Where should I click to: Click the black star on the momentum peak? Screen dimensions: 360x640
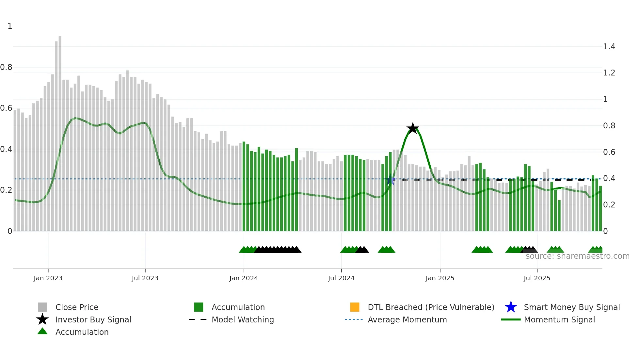(x=413, y=128)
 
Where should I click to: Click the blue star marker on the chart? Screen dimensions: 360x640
(x=391, y=180)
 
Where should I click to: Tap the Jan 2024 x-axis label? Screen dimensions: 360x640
(x=244, y=278)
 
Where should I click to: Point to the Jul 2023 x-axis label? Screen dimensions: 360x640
(x=145, y=278)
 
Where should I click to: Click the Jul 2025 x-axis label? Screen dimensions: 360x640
(x=537, y=278)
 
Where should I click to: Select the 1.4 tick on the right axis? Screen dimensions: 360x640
(x=609, y=47)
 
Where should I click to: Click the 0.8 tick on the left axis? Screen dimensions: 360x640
(x=6, y=67)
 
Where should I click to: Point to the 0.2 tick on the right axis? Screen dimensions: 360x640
(x=609, y=205)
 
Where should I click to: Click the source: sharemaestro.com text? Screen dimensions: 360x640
(x=577, y=256)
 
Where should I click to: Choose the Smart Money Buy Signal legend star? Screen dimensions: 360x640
(x=511, y=307)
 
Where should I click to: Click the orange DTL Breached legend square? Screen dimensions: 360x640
(x=355, y=307)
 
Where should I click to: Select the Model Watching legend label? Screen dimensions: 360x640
(x=243, y=319)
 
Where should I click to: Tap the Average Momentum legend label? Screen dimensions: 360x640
(x=407, y=319)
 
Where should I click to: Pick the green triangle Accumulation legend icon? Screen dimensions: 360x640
(x=42, y=332)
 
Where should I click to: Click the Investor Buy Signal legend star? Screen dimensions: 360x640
(x=42, y=319)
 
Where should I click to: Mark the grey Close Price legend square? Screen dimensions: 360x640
(x=42, y=307)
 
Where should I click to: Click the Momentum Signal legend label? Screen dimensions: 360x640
(x=559, y=319)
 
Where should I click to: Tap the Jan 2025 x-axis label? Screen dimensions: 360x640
(x=440, y=278)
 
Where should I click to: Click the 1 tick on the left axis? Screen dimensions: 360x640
(x=10, y=26)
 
